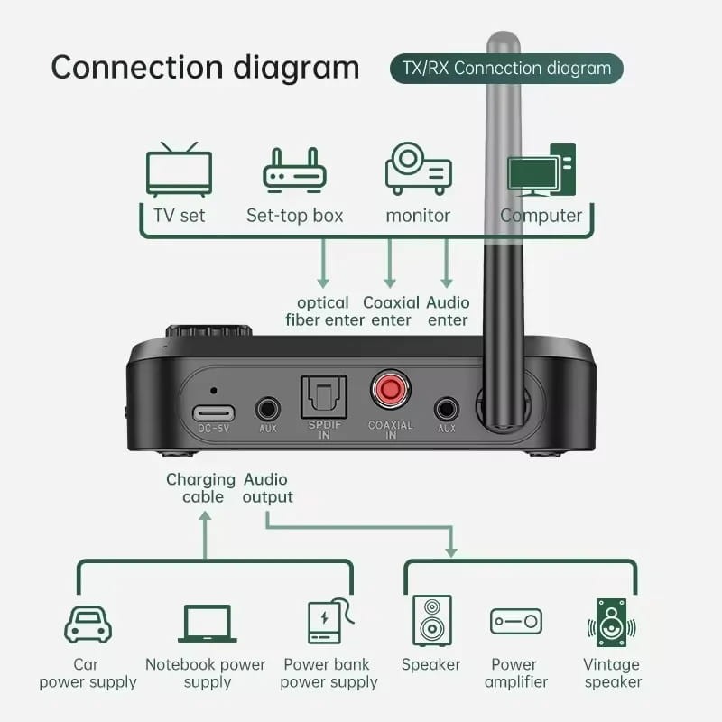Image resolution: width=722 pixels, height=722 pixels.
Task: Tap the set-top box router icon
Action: pyautogui.click(x=293, y=171)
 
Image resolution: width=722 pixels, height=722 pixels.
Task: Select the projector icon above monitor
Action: pyautogui.click(x=418, y=169)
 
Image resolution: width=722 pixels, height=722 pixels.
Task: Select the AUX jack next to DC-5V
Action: pyautogui.click(x=267, y=408)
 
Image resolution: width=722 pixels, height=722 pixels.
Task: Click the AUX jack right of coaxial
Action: pyautogui.click(x=446, y=408)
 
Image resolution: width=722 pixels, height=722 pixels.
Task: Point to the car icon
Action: pyautogui.click(x=88, y=623)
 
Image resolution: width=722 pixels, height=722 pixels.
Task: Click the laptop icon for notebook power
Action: pyautogui.click(x=207, y=623)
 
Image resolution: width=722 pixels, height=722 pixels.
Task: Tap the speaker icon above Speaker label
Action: pyautogui.click(x=430, y=621)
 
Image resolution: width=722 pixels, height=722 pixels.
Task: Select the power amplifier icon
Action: pyautogui.click(x=515, y=621)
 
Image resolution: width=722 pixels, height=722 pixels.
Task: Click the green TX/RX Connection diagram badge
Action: pyautogui.click(x=505, y=69)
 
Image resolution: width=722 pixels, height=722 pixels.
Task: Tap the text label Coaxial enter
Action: pyautogui.click(x=390, y=311)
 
